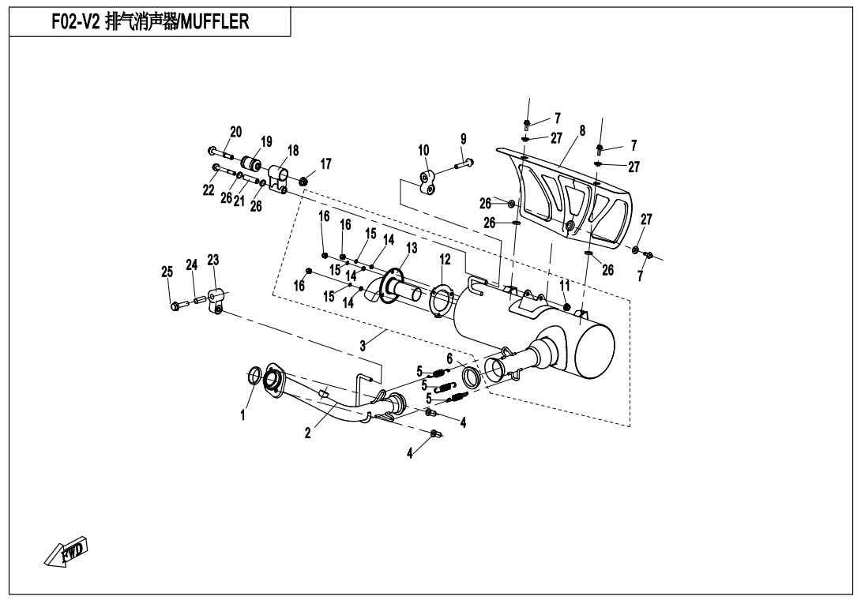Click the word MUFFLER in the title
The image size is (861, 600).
[215, 21]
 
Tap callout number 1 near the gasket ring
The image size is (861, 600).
[243, 415]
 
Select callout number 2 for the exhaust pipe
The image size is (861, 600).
[307, 433]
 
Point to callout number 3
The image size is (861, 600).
[363, 346]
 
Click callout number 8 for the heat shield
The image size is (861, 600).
[582, 130]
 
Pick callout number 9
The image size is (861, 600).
[463, 139]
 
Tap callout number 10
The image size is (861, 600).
[423, 151]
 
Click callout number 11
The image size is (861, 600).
[565, 286]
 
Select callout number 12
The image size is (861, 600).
[444, 259]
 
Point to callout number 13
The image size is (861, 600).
[412, 248]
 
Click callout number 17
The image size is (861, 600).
[325, 164]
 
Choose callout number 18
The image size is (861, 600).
[293, 151]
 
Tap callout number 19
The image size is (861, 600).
[266, 142]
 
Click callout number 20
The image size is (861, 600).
[235, 132]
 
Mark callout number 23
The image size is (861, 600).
[213, 260]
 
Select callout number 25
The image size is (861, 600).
[167, 272]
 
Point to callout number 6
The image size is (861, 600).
[449, 359]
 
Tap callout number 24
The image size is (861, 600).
[191, 265]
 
